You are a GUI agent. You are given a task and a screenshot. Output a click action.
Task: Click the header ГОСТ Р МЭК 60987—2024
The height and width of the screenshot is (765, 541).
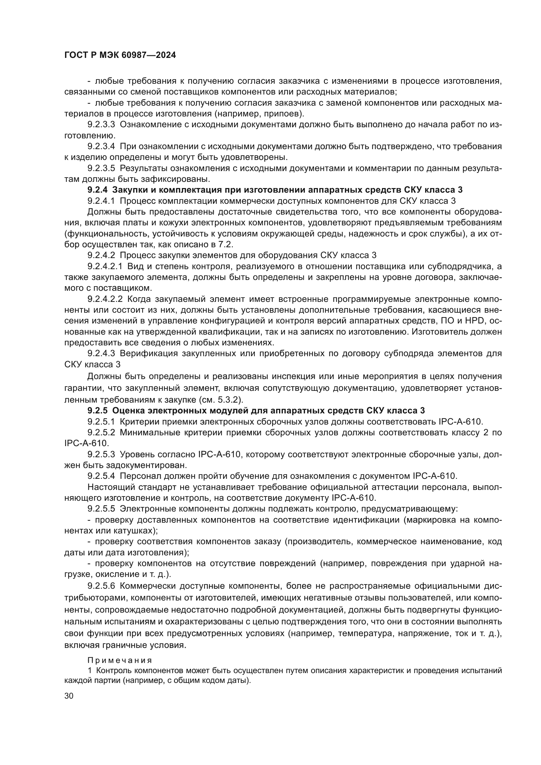click(120, 55)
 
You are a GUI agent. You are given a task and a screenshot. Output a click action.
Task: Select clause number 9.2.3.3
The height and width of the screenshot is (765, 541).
click(101, 125)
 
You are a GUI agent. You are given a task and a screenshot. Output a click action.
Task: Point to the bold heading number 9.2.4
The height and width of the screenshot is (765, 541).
click(97, 190)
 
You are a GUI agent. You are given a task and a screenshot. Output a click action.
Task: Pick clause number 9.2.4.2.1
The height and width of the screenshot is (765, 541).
click(105, 266)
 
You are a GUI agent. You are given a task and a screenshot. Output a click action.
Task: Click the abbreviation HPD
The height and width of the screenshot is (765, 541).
click(474, 321)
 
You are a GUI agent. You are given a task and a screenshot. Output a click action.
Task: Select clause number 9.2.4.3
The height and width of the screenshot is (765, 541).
click(101, 353)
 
